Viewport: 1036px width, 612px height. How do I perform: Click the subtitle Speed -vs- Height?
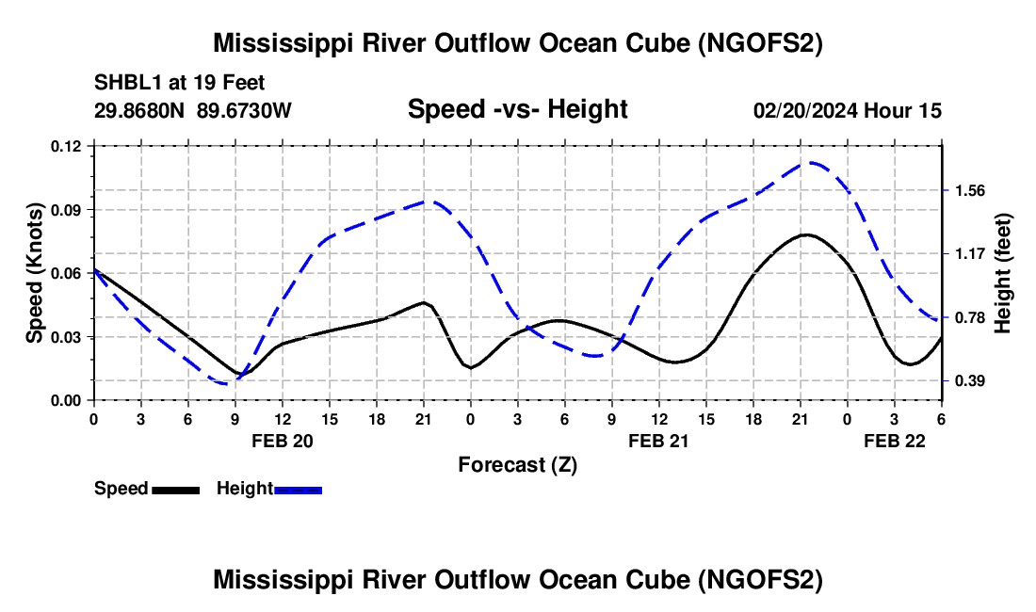(517, 109)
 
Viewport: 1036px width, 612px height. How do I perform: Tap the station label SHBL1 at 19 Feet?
(167, 82)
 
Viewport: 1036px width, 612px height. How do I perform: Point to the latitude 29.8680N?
(140, 110)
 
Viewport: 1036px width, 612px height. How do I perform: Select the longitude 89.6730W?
(245, 110)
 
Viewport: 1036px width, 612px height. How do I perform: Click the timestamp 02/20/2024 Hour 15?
(848, 110)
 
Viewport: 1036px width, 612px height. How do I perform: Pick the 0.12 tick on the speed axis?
(66, 146)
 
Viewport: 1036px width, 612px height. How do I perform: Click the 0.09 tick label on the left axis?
(66, 209)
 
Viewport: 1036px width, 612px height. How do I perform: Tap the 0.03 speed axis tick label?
(66, 337)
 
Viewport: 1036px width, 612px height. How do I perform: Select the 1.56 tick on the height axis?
(968, 190)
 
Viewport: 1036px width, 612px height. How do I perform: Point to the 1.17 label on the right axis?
(968, 253)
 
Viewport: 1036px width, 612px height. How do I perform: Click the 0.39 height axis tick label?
(968, 380)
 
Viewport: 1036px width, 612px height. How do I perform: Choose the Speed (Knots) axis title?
(35, 273)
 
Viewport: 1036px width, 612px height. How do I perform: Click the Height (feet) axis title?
(1003, 273)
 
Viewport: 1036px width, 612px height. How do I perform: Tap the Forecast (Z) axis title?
(517, 464)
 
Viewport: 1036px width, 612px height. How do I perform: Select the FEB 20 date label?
(282, 441)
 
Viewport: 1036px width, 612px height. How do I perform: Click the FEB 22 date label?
(894, 441)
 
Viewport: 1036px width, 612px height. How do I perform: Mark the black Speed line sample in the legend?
(175, 490)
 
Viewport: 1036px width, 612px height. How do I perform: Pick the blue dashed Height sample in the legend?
(298, 490)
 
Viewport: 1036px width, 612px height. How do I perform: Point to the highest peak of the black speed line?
(805, 234)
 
